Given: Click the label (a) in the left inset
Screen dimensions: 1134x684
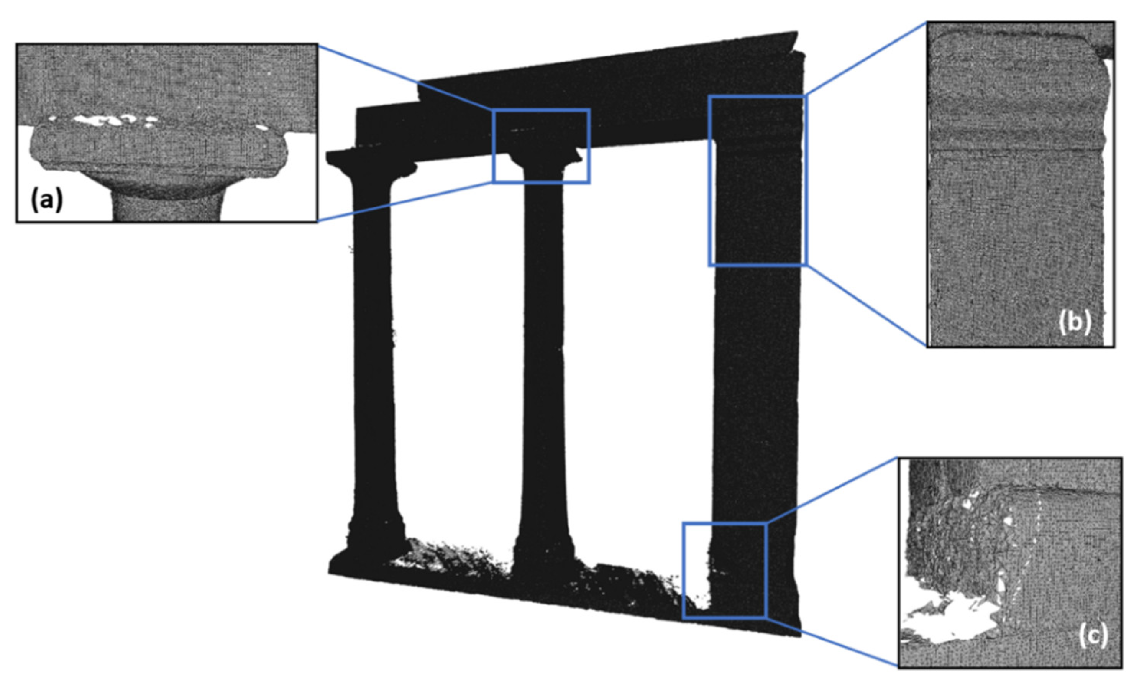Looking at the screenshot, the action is point(46,201).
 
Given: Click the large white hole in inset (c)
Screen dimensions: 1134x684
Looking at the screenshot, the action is point(948,622).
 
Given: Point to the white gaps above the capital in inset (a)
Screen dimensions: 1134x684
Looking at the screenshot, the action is point(110,121).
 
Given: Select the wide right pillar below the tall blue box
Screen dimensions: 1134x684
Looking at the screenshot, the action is point(755,396).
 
